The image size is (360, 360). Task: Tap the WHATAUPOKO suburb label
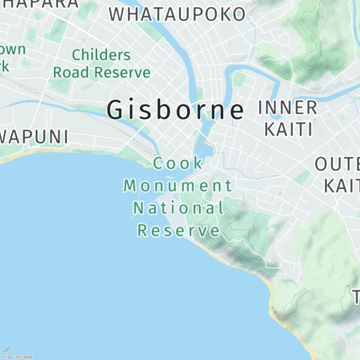tap(177, 14)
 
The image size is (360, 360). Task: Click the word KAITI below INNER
tap(288, 129)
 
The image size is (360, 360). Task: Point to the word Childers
tap(101, 55)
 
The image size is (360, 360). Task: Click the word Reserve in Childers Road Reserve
tap(124, 72)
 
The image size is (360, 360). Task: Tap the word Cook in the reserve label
tap(178, 163)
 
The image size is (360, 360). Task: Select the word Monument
tap(178, 185)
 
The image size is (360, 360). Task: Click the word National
tap(178, 208)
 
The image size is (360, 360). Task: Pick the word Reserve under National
tap(178, 230)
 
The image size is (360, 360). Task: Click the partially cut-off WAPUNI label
tap(34, 137)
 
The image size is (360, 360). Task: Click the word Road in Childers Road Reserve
tap(69, 72)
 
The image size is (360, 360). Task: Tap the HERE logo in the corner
tap(6, 350)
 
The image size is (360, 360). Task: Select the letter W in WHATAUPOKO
tap(117, 14)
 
